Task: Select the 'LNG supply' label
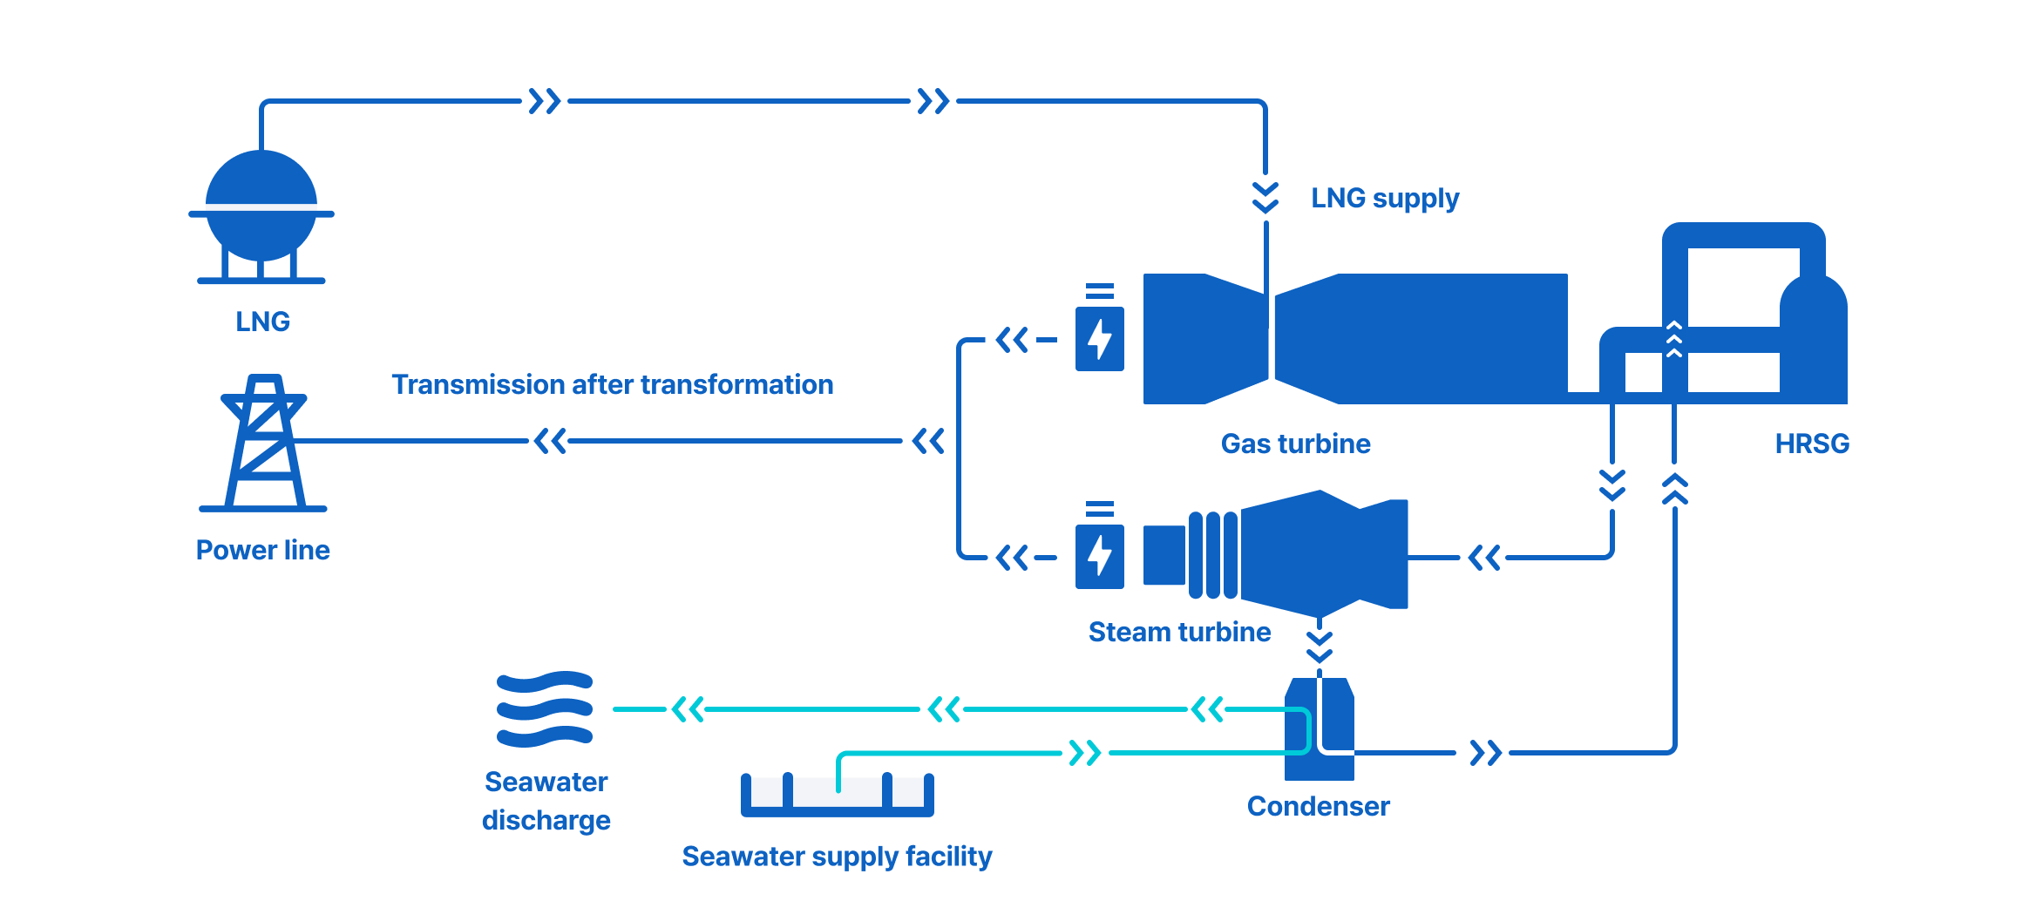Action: click(1385, 199)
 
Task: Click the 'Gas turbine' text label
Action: click(1295, 444)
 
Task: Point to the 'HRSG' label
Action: click(1812, 444)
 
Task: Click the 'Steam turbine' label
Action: click(1179, 632)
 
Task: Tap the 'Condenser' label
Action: click(1318, 806)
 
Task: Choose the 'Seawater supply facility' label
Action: click(837, 857)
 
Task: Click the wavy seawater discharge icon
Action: click(545, 709)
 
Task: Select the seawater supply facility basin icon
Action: click(837, 795)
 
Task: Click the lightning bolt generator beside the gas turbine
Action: click(1099, 338)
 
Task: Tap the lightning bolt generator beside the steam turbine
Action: click(1099, 556)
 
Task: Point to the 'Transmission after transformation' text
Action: click(612, 384)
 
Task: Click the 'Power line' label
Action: click(263, 550)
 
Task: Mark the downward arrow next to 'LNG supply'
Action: click(1265, 198)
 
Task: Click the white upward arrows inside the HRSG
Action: click(1674, 339)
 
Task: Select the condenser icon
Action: click(1320, 728)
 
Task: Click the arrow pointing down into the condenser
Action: click(1320, 646)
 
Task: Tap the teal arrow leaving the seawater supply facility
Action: click(1085, 752)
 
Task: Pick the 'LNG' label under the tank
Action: click(263, 322)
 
